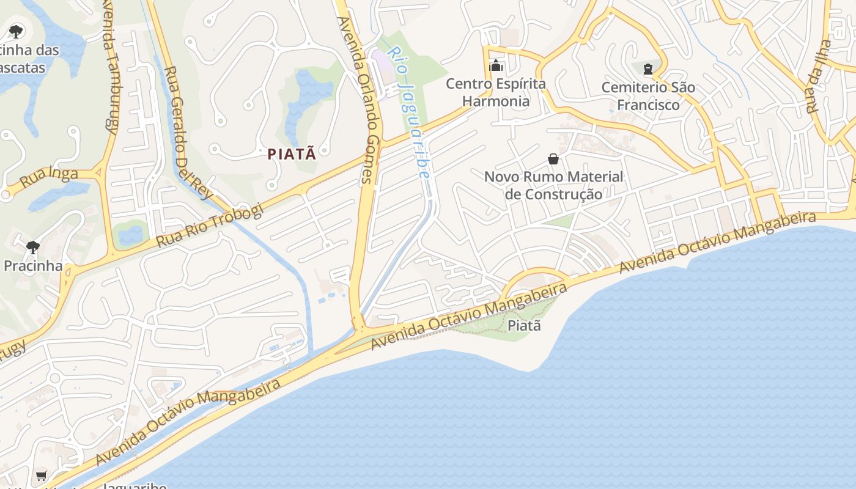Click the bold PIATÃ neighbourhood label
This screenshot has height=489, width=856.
pos(292,154)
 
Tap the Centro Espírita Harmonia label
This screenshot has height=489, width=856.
pos(496,92)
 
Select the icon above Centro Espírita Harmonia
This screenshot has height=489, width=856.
pos(496,65)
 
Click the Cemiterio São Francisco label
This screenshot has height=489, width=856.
pos(648,96)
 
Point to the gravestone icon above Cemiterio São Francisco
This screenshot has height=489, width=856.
pos(648,68)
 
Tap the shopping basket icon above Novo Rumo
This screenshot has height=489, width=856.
pos(553,159)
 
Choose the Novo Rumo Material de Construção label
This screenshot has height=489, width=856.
pos(553,185)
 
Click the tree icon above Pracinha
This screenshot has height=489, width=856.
pos(33,247)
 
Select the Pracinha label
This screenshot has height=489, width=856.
pos(33,266)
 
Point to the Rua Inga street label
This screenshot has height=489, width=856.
pos(49,178)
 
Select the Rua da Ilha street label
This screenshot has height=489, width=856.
pos(819,76)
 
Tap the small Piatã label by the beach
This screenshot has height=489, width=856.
pos(525,325)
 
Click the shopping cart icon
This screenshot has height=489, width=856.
pos(41,476)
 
